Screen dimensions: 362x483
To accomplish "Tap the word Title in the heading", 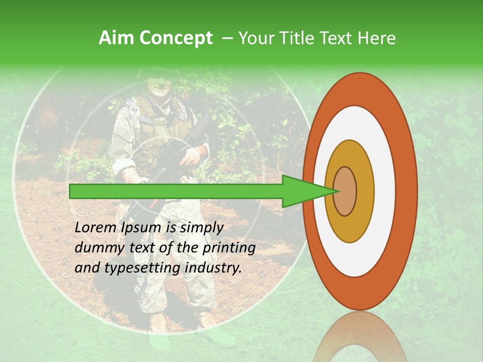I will pos(297,38).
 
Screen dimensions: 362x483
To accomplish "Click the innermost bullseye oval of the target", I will pos(345,192).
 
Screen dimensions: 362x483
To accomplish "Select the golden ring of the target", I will pos(364,191).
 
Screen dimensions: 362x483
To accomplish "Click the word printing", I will pos(229,248).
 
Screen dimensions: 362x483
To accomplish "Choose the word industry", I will pos(213,267).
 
